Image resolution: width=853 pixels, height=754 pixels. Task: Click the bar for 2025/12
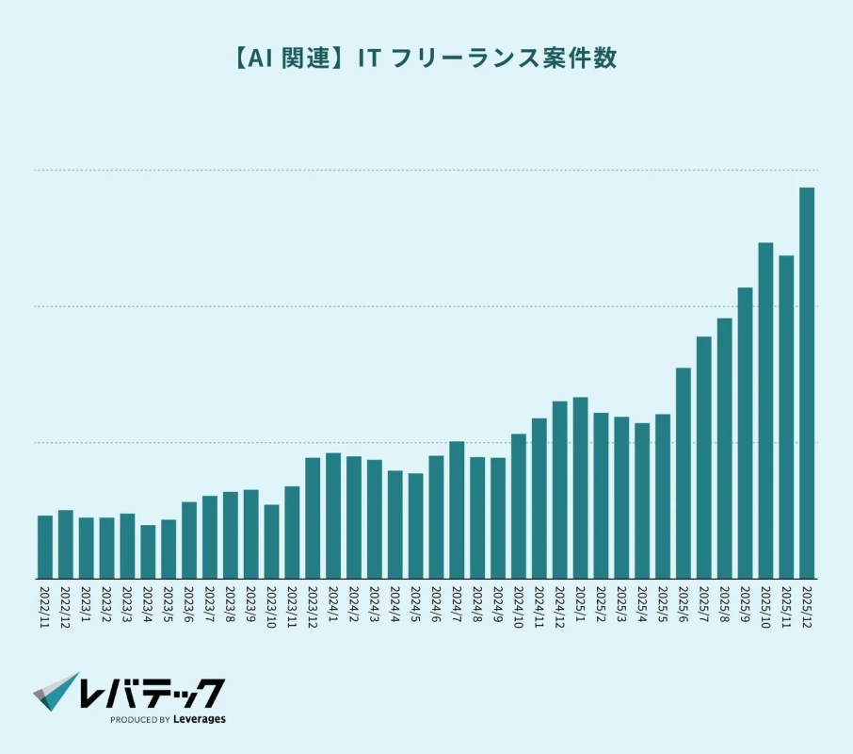(807, 383)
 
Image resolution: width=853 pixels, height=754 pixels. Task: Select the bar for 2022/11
(45, 547)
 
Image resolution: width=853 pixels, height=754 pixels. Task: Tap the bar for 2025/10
(765, 410)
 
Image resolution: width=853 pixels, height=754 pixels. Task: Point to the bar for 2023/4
(148, 551)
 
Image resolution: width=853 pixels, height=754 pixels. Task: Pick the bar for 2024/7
(457, 510)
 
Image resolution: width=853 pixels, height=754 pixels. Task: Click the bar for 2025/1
(580, 487)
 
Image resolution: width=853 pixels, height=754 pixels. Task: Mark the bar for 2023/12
(313, 517)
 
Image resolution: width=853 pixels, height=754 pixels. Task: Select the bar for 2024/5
(415, 526)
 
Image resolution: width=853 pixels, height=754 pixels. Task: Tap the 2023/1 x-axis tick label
(87, 607)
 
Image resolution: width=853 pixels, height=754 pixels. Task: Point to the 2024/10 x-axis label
(519, 610)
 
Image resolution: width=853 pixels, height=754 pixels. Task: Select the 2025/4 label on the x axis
(642, 607)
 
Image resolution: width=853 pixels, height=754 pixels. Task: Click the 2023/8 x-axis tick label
(231, 607)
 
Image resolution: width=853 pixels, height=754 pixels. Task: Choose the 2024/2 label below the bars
(354, 607)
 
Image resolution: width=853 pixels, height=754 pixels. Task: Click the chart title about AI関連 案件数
(426, 58)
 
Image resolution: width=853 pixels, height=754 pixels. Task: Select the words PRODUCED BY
(139, 720)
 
